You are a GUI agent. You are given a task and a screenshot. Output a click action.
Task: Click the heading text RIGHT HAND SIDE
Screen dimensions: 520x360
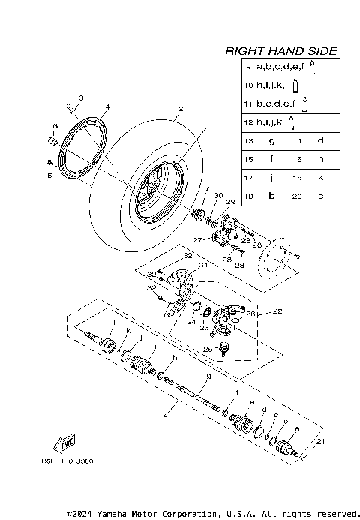[281, 51]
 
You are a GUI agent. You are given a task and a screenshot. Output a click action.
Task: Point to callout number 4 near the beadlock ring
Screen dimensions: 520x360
[107, 107]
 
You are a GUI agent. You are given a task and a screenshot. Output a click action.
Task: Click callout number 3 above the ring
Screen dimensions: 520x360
[81, 98]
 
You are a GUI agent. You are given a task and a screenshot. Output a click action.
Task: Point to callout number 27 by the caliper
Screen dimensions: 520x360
[199, 240]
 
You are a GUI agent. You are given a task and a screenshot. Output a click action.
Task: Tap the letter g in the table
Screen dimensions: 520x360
[271, 140]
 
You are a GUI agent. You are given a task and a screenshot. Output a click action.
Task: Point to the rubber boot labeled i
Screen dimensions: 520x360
[141, 365]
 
